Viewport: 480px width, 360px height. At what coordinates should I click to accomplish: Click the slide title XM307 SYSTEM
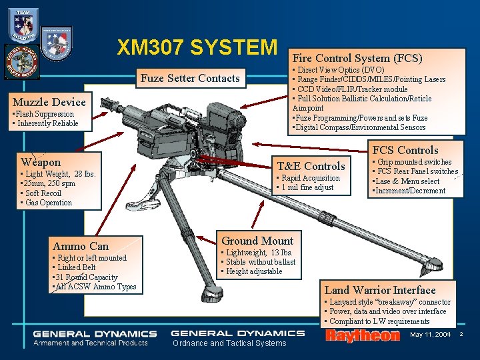[x=196, y=48]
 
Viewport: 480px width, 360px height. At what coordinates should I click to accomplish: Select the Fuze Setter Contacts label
[x=190, y=79]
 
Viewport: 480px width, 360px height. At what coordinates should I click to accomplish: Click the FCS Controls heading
[x=405, y=150]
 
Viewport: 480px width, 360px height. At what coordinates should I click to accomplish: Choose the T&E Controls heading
[x=311, y=166]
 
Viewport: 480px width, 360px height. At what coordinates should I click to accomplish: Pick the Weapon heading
[x=41, y=162]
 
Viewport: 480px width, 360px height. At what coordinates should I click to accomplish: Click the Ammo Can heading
[x=80, y=246]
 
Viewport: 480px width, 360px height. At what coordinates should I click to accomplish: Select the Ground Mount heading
[x=257, y=241]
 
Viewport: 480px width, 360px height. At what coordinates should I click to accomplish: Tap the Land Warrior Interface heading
[x=379, y=290]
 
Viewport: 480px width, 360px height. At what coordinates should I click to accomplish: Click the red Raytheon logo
[x=361, y=336]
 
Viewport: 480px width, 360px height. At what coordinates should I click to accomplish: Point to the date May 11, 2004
[x=431, y=334]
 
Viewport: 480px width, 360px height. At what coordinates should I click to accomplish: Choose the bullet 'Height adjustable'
[x=253, y=271]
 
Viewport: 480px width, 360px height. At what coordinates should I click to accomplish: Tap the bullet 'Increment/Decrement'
[x=409, y=191]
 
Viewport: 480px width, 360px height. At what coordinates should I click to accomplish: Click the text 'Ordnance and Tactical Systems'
[x=229, y=343]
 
